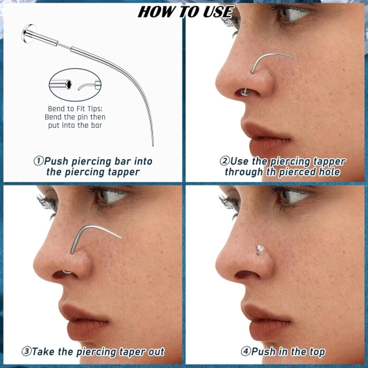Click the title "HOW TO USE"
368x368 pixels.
185,12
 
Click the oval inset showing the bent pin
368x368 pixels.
75,85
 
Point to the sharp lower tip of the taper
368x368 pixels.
153,145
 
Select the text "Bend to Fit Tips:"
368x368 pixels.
75,108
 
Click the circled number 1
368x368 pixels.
38,161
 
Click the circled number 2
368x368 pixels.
224,161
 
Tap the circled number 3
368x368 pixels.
26,351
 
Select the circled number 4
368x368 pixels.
246,351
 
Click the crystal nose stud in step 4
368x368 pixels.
259,250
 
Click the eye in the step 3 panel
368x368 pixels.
108,195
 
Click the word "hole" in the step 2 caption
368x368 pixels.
329,172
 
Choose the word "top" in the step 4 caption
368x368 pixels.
317,352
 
